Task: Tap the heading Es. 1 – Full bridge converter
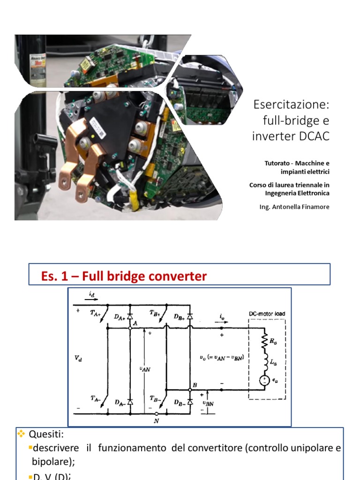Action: [124, 276]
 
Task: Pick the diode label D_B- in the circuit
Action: [179, 402]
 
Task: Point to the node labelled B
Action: [195, 385]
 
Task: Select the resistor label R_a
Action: [272, 342]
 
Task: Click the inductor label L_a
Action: [272, 362]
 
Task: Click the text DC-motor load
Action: [266, 314]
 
